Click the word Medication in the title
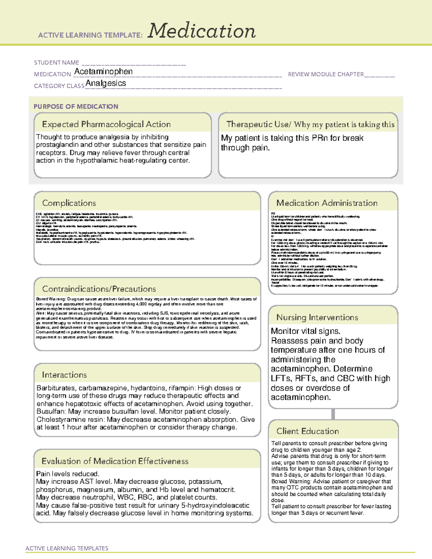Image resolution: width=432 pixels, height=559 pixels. coord(202,31)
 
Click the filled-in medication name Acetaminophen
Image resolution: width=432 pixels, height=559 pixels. coord(103,72)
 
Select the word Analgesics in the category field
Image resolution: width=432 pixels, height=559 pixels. coord(106,83)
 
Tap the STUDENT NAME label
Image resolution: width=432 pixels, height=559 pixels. coord(57,63)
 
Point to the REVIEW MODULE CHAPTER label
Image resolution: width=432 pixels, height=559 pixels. coord(326,74)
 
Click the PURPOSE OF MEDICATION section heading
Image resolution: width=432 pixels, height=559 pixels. coord(76,107)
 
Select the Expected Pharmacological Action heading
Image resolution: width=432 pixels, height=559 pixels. coord(106,124)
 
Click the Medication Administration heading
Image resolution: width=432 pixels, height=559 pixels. coord(327,203)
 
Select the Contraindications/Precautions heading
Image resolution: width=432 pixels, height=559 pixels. coord(99,289)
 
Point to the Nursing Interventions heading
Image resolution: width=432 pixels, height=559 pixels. coord(317,317)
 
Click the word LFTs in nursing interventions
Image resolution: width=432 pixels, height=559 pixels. coord(281,378)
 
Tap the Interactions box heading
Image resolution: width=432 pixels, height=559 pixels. coord(64,375)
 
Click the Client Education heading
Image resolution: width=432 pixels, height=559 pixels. coord(307,431)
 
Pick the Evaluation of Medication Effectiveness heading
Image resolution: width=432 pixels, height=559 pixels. coord(115,461)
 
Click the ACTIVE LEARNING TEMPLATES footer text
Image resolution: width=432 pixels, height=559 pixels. coord(67,548)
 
